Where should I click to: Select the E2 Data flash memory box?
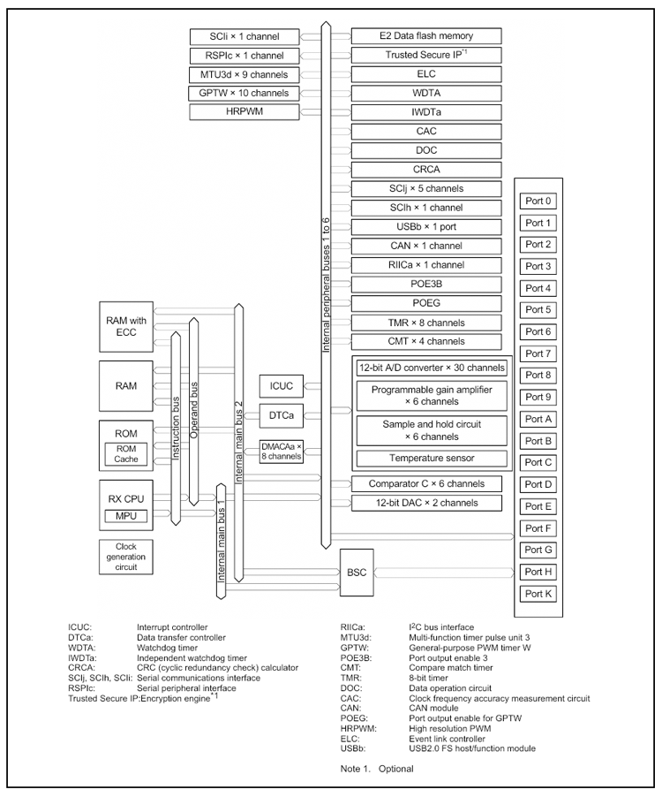(425, 36)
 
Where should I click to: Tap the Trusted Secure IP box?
(425, 55)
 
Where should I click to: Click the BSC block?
(357, 573)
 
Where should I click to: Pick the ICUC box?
(282, 385)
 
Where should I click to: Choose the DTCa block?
(282, 414)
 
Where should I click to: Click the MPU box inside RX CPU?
(124, 516)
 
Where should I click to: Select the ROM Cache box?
(126, 454)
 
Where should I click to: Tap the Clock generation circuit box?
(125, 557)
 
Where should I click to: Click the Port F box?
(538, 528)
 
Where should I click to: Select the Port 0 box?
(538, 201)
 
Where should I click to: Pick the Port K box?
(538, 594)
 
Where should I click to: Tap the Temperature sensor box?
(432, 459)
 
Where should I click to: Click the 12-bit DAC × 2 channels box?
(425, 504)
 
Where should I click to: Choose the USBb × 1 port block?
(425, 227)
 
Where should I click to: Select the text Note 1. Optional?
(376, 769)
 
